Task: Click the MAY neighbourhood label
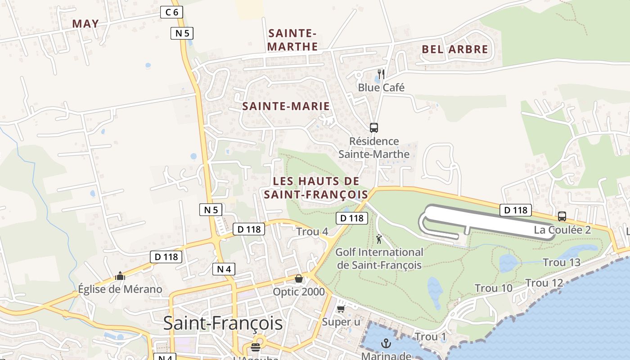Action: click(x=85, y=24)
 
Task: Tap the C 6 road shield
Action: click(x=171, y=12)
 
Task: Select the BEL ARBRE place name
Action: click(x=455, y=49)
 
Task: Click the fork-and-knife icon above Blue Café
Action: click(x=381, y=74)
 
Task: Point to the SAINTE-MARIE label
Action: click(x=286, y=106)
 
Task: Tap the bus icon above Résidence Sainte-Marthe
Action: click(x=373, y=128)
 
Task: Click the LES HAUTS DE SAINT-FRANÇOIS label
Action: click(x=316, y=188)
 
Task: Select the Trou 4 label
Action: click(x=312, y=232)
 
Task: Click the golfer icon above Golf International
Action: click(x=379, y=239)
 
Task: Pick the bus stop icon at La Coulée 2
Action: click(x=562, y=216)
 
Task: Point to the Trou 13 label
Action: click(x=562, y=262)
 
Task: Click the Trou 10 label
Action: click(x=494, y=288)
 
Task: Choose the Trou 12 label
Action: click(x=544, y=283)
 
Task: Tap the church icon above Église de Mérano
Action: click(x=120, y=276)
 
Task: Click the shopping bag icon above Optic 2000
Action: click(x=299, y=279)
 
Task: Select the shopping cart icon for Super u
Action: click(x=341, y=309)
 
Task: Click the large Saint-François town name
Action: click(x=223, y=323)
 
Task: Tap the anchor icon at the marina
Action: click(x=386, y=344)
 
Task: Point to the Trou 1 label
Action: click(x=430, y=337)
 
